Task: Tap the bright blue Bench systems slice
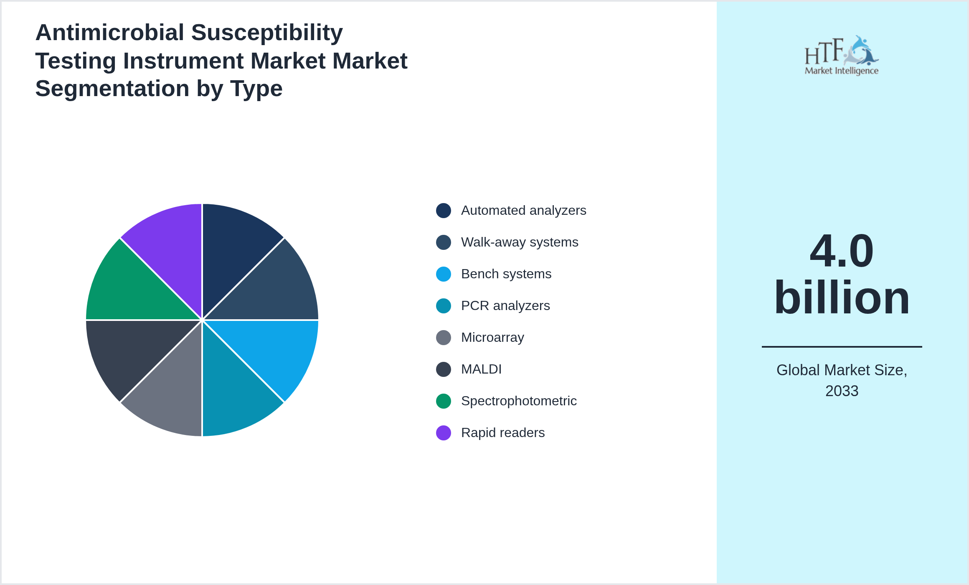[276, 351]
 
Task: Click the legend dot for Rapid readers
[444, 433]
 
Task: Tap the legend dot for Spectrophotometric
[444, 401]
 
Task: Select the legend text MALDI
[481, 369]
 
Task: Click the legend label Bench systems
[506, 274]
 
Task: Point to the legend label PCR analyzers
[505, 306]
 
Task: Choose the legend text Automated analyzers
[523, 211]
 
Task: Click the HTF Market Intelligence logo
[842, 56]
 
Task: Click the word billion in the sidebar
[842, 298]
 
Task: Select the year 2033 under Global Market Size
[842, 391]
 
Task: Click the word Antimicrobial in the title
[109, 33]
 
